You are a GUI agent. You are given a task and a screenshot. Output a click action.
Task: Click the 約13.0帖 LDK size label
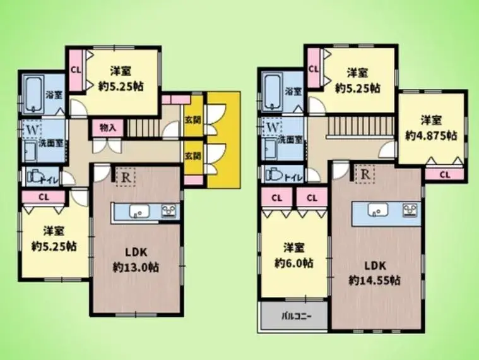click(x=136, y=268)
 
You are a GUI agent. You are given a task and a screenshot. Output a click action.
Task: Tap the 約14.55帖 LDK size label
click(x=375, y=280)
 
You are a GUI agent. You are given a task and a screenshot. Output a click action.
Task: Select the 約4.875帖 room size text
click(x=431, y=135)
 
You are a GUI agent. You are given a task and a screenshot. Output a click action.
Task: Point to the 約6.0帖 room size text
click(x=293, y=263)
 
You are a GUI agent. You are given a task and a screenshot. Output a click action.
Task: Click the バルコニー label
click(x=297, y=316)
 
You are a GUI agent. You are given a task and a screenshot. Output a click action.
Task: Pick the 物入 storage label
click(x=108, y=128)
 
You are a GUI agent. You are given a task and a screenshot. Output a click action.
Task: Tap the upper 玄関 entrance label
click(x=193, y=120)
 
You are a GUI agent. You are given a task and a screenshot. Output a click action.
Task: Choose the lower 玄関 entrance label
click(x=193, y=156)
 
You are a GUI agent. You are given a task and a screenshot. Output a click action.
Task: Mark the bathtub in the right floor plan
click(x=273, y=92)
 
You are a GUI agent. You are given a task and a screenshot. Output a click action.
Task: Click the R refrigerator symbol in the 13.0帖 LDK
click(x=126, y=177)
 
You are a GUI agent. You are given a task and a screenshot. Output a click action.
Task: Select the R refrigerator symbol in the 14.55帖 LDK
click(x=365, y=174)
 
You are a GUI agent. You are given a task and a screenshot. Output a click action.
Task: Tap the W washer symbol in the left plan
click(x=32, y=130)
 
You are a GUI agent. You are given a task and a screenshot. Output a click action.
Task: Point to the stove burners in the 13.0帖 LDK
click(x=169, y=211)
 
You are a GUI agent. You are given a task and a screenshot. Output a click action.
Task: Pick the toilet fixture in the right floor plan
click(x=275, y=175)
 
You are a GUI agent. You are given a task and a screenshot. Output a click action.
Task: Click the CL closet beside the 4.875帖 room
click(x=445, y=175)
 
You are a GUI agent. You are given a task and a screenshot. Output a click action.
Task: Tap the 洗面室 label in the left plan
click(x=51, y=143)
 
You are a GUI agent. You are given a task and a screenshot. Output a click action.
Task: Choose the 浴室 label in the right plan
click(x=293, y=92)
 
